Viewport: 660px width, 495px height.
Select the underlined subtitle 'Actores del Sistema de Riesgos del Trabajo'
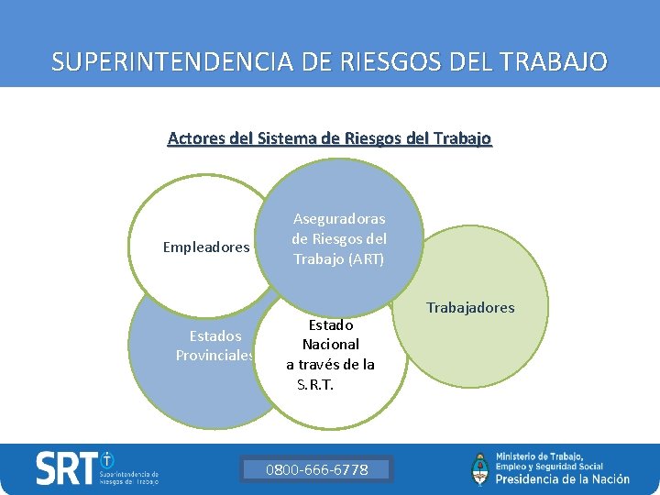point(329,138)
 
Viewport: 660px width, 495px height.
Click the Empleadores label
point(206,247)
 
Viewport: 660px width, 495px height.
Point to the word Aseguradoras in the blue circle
point(338,219)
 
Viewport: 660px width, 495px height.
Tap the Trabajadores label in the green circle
point(470,307)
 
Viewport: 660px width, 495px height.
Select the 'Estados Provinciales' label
point(215,346)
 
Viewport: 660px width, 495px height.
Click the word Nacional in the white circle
point(330,345)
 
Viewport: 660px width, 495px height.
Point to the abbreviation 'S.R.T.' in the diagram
point(315,384)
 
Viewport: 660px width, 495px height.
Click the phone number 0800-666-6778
point(316,470)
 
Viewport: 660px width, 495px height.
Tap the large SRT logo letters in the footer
point(66,469)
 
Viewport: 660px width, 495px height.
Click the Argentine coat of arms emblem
point(479,468)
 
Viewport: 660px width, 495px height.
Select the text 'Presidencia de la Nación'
point(562,478)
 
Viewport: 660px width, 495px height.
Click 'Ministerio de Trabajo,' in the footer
point(539,456)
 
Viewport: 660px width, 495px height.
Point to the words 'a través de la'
point(330,364)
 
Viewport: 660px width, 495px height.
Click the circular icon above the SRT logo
point(107,458)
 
